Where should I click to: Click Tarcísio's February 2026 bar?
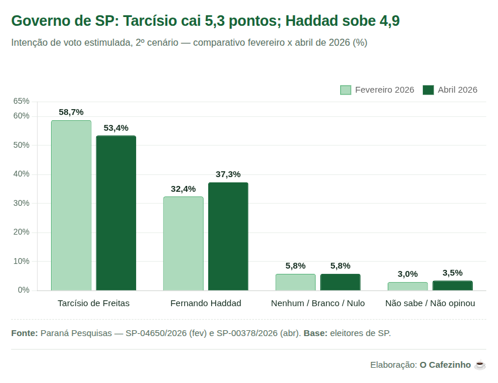pyautogui.click(x=71, y=205)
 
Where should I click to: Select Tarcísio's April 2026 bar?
pyautogui.click(x=116, y=213)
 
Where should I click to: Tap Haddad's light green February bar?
pyautogui.click(x=183, y=243)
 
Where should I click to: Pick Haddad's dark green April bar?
pyautogui.click(x=228, y=236)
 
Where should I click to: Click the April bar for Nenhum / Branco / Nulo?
pyautogui.click(x=340, y=282)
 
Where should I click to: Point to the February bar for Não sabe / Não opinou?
pyautogui.click(x=408, y=286)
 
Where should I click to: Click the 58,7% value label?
pyautogui.click(x=71, y=112)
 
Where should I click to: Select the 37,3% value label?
pyautogui.click(x=228, y=174)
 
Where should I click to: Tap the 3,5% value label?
pyautogui.click(x=452, y=273)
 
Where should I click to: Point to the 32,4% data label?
pyautogui.click(x=183, y=189)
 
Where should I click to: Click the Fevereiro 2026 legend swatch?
pyautogui.click(x=345, y=90)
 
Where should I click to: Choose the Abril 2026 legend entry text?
pyautogui.click(x=458, y=90)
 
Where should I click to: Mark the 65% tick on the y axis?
pyautogui.click(x=21, y=101)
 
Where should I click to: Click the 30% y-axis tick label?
pyautogui.click(x=21, y=203)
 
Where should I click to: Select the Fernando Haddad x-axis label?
pyautogui.click(x=205, y=303)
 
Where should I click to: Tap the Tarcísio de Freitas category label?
pyautogui.click(x=94, y=303)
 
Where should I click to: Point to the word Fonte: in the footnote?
pyautogui.click(x=24, y=333)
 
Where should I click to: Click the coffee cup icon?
pyautogui.click(x=480, y=365)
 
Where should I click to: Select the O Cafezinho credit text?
pyautogui.click(x=445, y=365)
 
